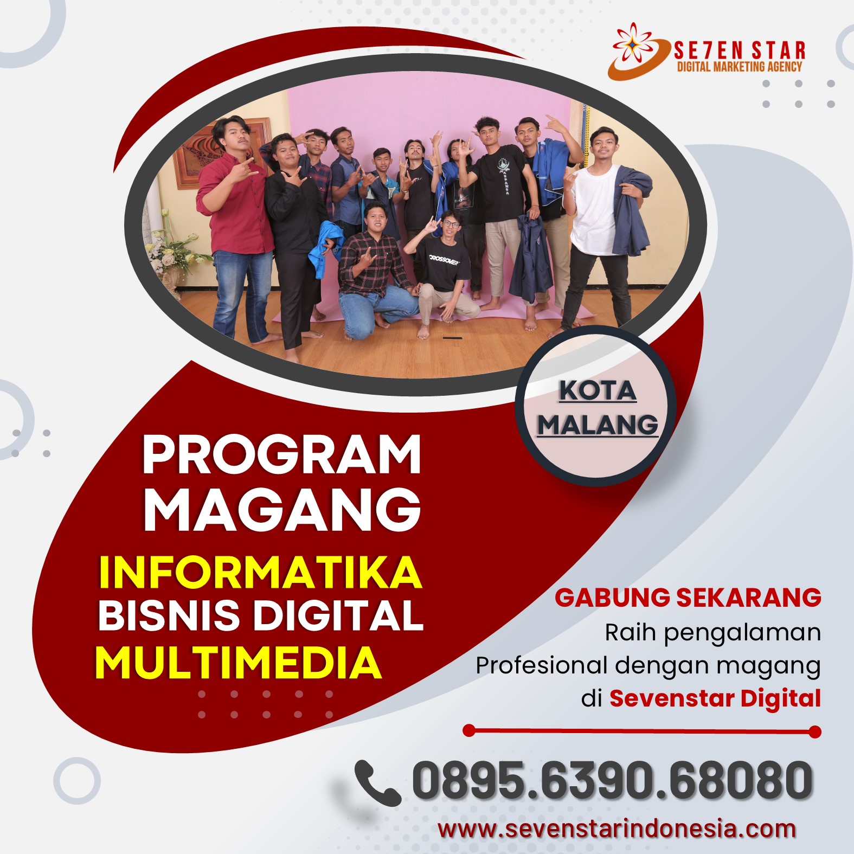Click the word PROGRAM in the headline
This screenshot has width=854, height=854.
click(x=282, y=454)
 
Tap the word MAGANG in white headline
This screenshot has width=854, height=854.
click(x=282, y=509)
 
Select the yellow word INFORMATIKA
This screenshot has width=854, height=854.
click(x=260, y=572)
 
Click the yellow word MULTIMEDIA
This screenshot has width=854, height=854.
click(x=239, y=662)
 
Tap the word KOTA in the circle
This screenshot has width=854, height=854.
click(x=597, y=390)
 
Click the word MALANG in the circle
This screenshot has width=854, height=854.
click(x=598, y=424)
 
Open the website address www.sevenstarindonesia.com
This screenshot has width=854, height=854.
click(x=617, y=829)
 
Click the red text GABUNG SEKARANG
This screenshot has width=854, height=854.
click(x=688, y=598)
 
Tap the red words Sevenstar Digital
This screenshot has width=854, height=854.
click(x=715, y=698)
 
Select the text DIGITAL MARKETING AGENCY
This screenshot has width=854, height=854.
click(x=740, y=67)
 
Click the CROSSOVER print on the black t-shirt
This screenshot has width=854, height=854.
click(x=444, y=259)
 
